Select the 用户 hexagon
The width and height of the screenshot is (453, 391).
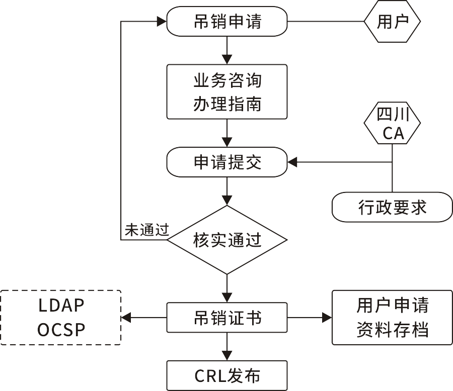click(392, 22)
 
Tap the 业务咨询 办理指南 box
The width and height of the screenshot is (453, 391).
click(227, 91)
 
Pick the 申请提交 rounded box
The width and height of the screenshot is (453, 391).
click(227, 162)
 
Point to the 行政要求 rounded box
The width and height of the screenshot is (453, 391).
click(392, 207)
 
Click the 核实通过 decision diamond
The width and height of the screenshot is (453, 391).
click(227, 240)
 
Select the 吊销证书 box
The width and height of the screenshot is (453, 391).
click(227, 317)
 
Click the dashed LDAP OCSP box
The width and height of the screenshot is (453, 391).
click(61, 317)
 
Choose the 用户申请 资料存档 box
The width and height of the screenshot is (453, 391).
click(392, 317)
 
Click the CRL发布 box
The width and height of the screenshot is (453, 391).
click(227, 375)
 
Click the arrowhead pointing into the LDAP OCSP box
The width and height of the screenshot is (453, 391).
click(126, 317)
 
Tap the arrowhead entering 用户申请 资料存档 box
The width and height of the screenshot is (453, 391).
click(327, 317)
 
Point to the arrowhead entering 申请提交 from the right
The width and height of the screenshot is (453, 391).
click(292, 162)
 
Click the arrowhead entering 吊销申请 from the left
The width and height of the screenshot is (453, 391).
click(162, 22)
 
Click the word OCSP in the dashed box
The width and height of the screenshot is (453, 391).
click(61, 330)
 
